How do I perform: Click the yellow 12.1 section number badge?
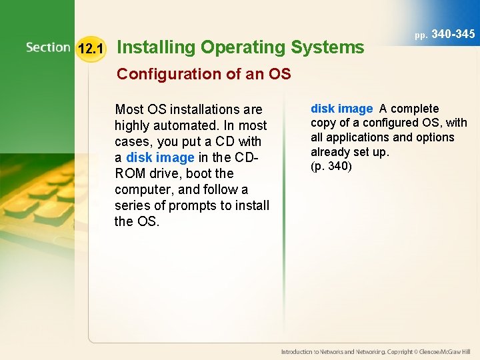(x=90, y=49)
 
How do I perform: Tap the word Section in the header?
(x=48, y=47)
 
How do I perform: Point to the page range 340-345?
(x=453, y=34)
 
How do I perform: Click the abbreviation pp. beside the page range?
(x=421, y=35)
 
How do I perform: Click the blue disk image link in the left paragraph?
(x=160, y=157)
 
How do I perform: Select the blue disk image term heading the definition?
(x=341, y=109)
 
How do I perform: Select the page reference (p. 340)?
(x=331, y=166)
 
